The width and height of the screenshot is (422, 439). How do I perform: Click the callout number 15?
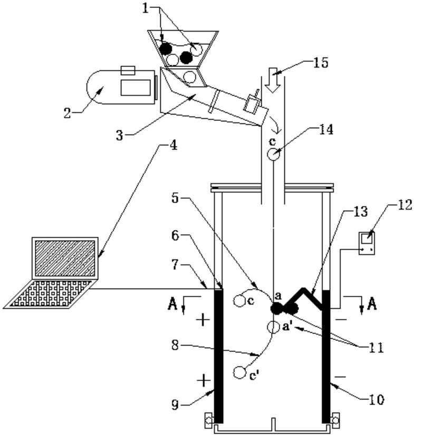pyautogui.click(x=320, y=63)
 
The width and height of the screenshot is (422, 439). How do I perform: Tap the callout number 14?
pyautogui.click(x=326, y=130)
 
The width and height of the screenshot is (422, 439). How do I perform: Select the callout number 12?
pyautogui.click(x=405, y=205)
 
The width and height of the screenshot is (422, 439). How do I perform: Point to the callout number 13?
pyautogui.click(x=360, y=212)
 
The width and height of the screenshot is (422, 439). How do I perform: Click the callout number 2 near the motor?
pyautogui.click(x=67, y=113)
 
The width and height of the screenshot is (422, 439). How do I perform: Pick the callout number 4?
pyautogui.click(x=174, y=145)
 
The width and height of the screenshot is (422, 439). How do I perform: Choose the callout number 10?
pyautogui.click(x=377, y=400)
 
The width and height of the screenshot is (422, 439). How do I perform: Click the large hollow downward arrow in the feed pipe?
pyautogui.click(x=273, y=80)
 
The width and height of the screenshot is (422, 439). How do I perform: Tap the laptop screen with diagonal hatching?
pyautogui.click(x=65, y=259)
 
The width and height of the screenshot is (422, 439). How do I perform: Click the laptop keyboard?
pyautogui.click(x=50, y=294)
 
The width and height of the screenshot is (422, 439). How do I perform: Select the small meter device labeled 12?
pyautogui.click(x=367, y=243)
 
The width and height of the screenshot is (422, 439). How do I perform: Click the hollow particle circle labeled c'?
pyautogui.click(x=239, y=373)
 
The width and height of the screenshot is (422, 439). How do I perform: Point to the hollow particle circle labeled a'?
pyautogui.click(x=273, y=327)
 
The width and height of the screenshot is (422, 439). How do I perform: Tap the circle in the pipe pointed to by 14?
pyautogui.click(x=273, y=154)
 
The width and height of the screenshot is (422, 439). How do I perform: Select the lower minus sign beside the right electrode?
pyautogui.click(x=340, y=377)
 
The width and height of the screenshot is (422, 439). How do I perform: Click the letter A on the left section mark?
pyautogui.click(x=172, y=304)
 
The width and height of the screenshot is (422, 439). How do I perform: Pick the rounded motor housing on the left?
pyautogui.click(x=121, y=87)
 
